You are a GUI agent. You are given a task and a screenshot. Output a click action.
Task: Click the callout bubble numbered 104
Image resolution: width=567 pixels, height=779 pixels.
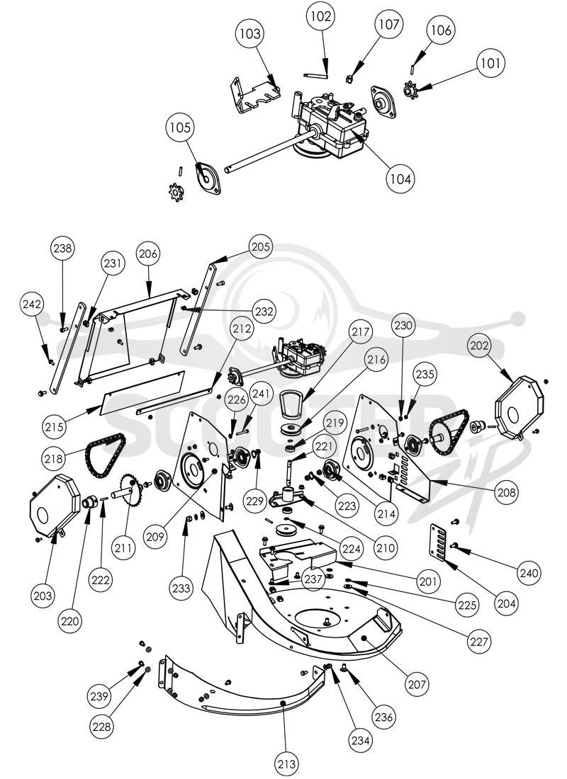tap(400, 178)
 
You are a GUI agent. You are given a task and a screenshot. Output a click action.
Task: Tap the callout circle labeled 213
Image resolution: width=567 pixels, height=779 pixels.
tap(288, 763)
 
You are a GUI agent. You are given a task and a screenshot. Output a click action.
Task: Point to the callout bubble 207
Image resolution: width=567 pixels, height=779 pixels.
tap(417, 684)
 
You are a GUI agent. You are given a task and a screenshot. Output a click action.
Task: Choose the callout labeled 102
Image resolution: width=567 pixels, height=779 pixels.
tap(320, 16)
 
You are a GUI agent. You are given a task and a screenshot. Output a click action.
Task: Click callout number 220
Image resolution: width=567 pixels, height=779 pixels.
tap(70, 620)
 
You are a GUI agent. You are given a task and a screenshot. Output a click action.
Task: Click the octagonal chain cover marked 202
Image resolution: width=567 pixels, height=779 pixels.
tap(520, 406)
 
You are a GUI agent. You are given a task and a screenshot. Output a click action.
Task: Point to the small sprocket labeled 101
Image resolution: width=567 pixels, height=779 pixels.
tap(410, 90)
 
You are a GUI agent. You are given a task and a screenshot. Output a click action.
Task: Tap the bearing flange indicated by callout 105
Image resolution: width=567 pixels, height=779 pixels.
tap(208, 176)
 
